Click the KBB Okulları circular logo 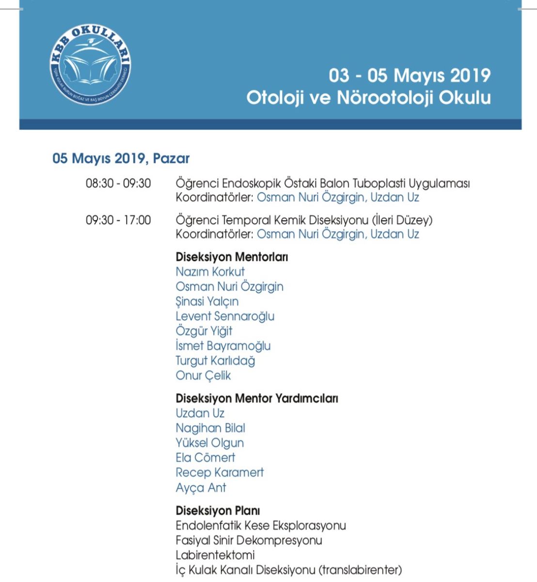[90, 65]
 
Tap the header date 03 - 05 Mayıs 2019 [410, 76]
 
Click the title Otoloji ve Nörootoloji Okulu [368, 97]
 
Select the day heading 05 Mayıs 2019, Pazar [121, 159]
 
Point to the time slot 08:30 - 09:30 [118, 184]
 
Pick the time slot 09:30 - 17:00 [118, 220]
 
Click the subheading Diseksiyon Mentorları [232, 257]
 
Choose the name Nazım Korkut [210, 272]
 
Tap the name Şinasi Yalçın [207, 301]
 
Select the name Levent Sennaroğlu [225, 316]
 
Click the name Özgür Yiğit [204, 331]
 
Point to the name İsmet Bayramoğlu [223, 346]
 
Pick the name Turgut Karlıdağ [215, 361]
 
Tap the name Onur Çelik [203, 375]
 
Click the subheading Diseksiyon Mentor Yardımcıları [257, 398]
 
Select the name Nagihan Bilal [210, 428]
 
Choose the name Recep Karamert [220, 472]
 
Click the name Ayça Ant [201, 487]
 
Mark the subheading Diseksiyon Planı [218, 511]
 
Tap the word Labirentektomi [215, 555]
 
